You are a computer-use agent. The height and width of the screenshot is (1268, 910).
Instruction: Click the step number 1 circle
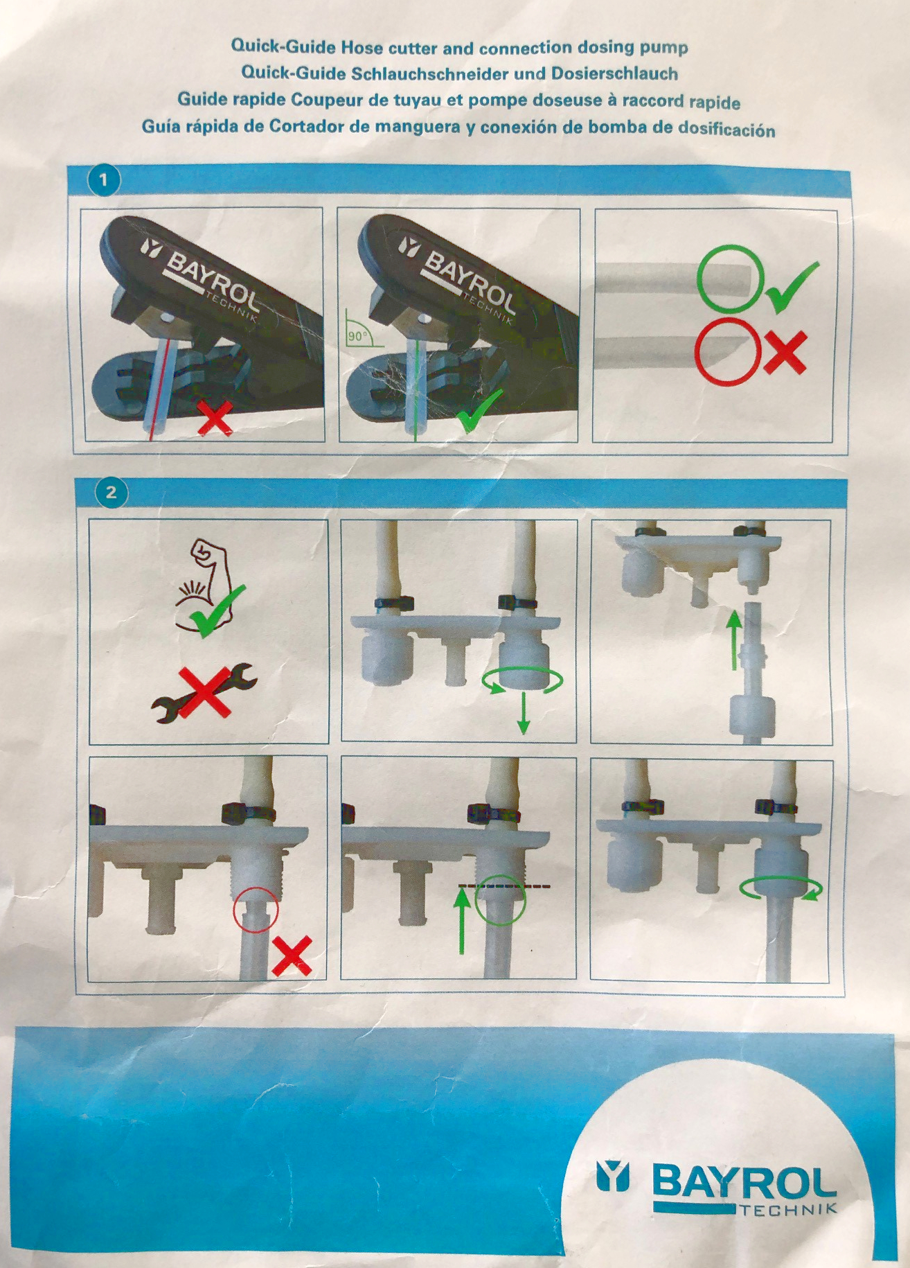tap(104, 181)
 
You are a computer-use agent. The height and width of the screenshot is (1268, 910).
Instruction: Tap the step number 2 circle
tap(111, 493)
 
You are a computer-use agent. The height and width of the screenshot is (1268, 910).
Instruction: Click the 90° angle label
tap(356, 336)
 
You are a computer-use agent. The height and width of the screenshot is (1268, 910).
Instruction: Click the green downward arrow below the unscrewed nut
tap(524, 714)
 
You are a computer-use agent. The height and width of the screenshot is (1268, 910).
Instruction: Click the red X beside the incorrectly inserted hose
tap(292, 956)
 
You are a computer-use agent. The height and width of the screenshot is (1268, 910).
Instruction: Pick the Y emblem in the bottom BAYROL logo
tap(613, 1177)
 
